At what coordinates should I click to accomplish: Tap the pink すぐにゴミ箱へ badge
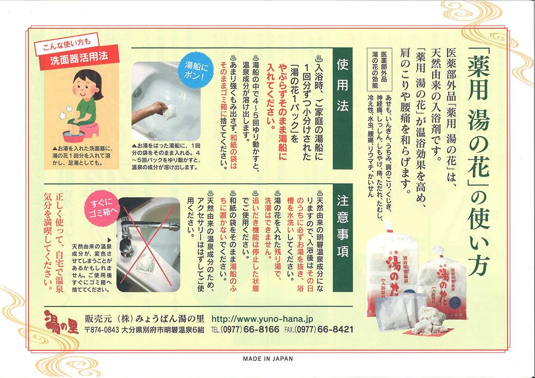point(104,210)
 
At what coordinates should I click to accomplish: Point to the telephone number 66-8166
point(262,330)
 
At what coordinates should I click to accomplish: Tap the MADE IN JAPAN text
point(268,359)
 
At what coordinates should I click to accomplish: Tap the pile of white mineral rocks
point(429,320)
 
